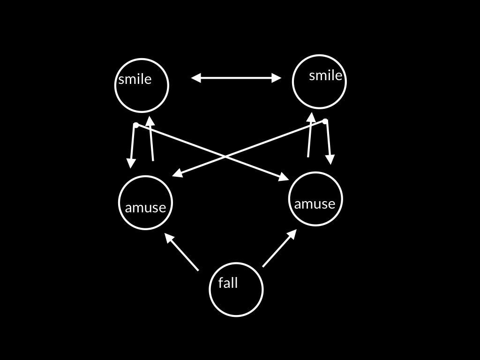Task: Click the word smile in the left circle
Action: pyautogui.click(x=135, y=79)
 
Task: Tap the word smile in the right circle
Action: pyautogui.click(x=325, y=75)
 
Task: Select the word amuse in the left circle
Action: pyautogui.click(x=145, y=207)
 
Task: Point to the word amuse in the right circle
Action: pyautogui.click(x=315, y=203)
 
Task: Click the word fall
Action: pyautogui.click(x=228, y=283)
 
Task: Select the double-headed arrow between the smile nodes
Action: pyautogui.click(x=236, y=78)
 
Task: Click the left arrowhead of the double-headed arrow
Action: pyautogui.click(x=196, y=78)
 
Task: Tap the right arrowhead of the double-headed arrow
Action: pyautogui.click(x=277, y=78)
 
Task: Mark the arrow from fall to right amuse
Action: pyautogui.click(x=279, y=248)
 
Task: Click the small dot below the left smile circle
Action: pyautogui.click(x=136, y=125)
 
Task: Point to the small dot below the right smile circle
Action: pyautogui.click(x=325, y=121)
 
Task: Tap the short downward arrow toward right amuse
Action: pyautogui.click(x=328, y=142)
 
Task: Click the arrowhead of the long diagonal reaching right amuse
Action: pyautogui.click(x=284, y=178)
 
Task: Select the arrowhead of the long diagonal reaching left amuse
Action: pyautogui.click(x=177, y=174)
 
